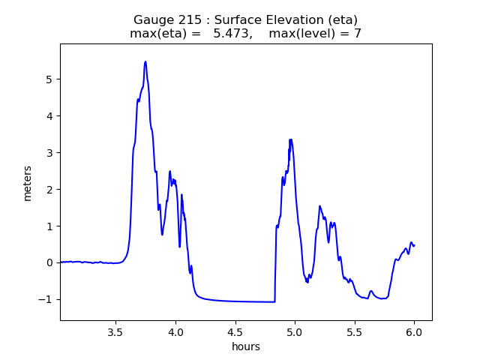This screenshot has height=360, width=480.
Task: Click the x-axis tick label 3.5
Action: [115, 332]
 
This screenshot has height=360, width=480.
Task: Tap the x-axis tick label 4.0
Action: [175, 332]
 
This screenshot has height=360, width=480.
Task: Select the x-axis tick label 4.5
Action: [235, 332]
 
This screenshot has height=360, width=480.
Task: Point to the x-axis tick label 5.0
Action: [295, 332]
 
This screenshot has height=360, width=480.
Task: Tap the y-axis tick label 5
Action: [49, 79]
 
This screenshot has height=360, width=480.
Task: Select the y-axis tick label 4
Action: [49, 116]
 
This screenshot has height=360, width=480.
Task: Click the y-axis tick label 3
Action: [49, 153]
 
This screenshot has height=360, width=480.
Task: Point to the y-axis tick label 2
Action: [49, 190]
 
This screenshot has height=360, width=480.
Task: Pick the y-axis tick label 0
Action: [49, 262]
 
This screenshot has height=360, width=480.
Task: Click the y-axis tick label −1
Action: [46, 299]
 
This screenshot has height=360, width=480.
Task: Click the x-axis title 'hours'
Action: [246, 346]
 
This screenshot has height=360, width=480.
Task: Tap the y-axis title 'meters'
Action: [28, 183]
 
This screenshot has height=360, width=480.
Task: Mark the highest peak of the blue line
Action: [145, 61]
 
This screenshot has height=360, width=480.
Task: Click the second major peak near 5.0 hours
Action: [290, 139]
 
